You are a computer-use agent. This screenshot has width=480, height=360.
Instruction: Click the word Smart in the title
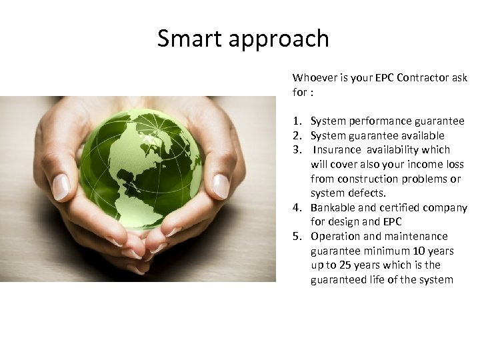189,39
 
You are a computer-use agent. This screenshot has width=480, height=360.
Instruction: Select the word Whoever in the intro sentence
315,77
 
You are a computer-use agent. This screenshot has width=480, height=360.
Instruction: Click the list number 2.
295,135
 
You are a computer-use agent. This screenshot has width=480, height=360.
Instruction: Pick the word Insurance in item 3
337,149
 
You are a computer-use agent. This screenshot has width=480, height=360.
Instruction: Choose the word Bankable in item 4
333,207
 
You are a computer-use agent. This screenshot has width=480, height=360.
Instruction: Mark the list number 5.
295,236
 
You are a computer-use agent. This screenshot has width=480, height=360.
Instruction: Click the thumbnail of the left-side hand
61,187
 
